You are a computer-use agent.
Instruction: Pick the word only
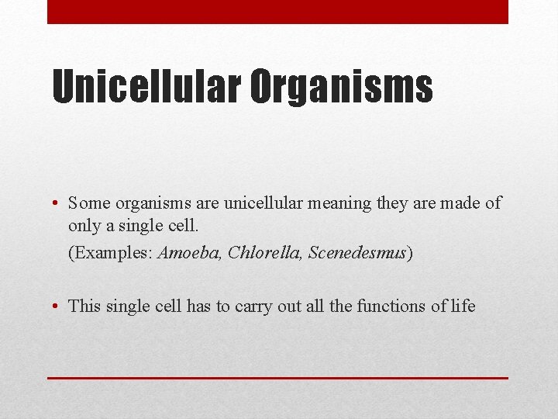click(84, 226)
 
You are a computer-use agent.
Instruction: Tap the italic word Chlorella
click(264, 254)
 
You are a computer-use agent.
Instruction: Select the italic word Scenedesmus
click(357, 254)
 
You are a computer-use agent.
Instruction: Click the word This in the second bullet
click(84, 306)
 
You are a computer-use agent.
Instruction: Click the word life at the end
click(463, 306)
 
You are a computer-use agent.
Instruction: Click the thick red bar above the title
click(277, 12)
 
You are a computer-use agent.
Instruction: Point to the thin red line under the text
click(277, 378)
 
